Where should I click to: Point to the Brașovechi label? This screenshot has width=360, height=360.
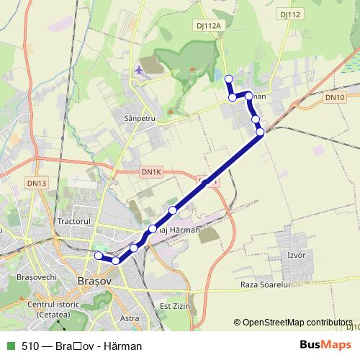[x=26, y=277]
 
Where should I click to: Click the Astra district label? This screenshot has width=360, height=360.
[x=130, y=318]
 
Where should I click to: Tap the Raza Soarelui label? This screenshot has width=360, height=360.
[x=264, y=285]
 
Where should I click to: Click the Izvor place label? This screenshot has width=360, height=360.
[x=296, y=256]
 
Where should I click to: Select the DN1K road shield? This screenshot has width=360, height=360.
[x=152, y=172]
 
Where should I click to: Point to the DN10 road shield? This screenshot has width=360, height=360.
[x=334, y=96]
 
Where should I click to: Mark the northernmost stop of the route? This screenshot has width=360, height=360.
[x=229, y=78]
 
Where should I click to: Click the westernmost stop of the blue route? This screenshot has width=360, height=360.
[x=99, y=255]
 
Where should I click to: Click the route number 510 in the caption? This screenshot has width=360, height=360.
[x=30, y=346]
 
